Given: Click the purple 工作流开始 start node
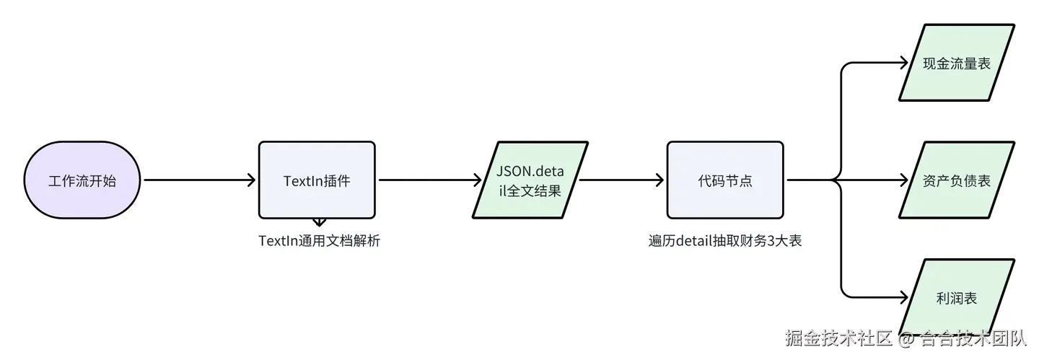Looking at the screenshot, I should [82, 180].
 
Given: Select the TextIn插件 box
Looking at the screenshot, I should [317, 180].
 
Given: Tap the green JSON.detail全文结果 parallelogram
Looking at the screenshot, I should [530, 180].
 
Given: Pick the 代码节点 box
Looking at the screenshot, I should [724, 180].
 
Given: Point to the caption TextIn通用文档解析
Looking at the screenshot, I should [319, 241].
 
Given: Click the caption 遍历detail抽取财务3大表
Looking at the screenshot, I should [725, 241].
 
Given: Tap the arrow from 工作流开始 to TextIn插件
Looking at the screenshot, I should [199, 180].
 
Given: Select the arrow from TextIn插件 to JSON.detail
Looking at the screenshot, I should [430, 180].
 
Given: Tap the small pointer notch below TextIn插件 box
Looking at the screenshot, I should [319, 222].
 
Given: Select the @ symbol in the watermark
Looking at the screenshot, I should [906, 337].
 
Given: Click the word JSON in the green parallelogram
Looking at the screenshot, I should [513, 170].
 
